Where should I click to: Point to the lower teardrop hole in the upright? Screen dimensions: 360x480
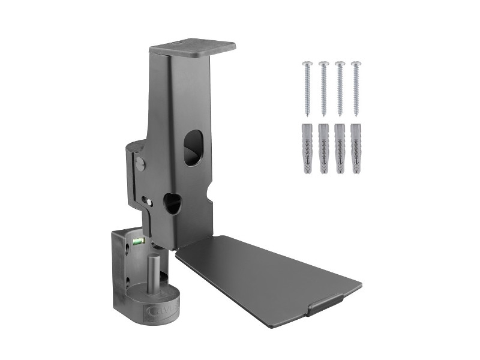click(172, 203)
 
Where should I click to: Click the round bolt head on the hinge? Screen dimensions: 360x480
click(141, 163)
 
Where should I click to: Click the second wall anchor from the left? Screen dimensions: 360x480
click(324, 149)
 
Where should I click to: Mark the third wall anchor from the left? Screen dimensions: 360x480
click(340, 149)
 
